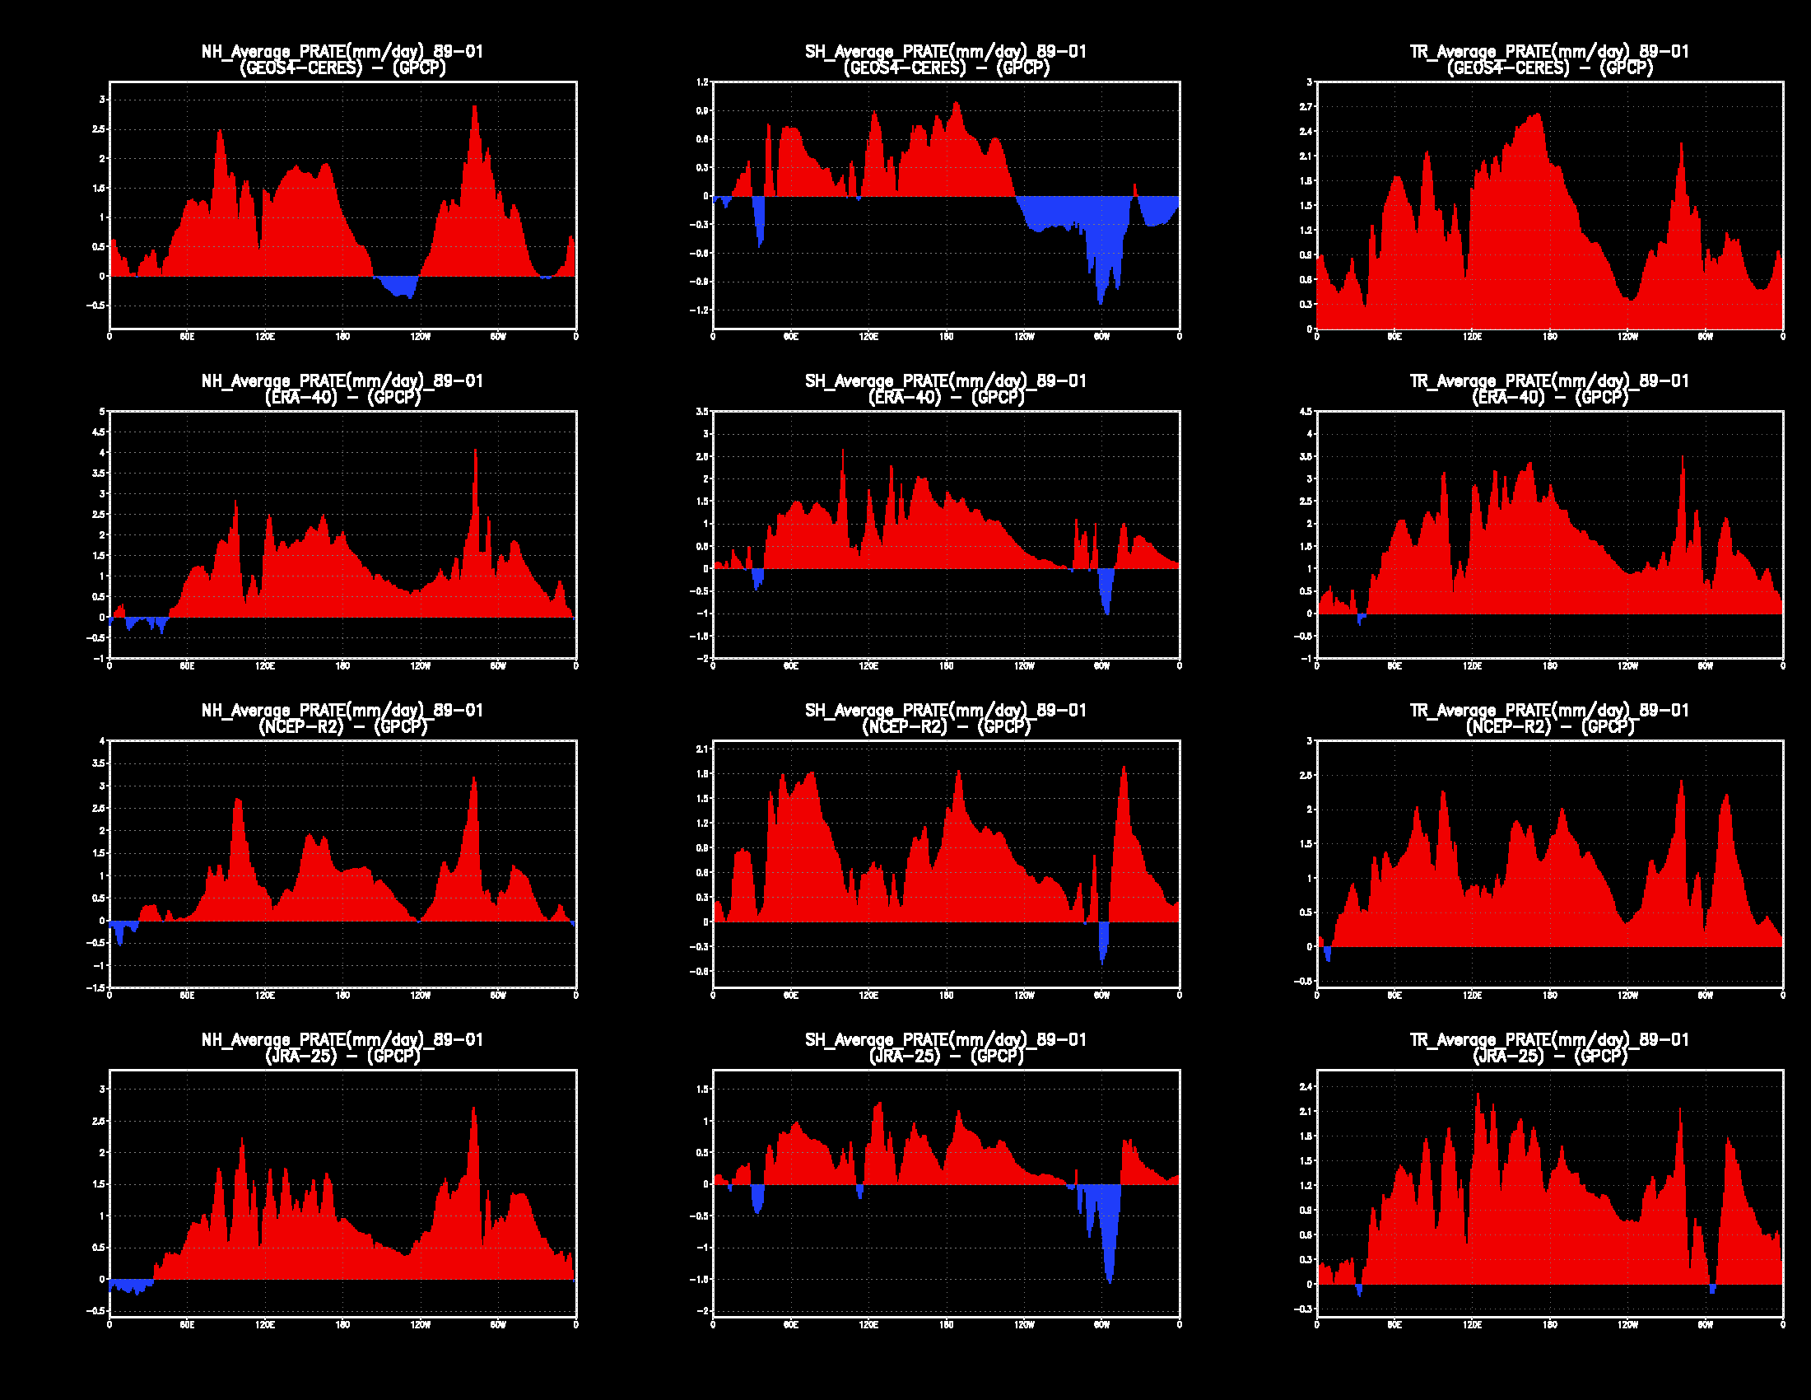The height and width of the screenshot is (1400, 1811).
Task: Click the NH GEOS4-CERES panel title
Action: point(342,60)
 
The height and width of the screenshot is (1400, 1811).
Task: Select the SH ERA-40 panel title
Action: point(945,389)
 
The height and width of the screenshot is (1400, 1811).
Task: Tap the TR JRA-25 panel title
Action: point(1549,1048)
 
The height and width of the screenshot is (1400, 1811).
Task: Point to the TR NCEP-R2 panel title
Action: point(1549,718)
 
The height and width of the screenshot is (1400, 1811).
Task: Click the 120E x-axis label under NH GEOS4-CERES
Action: point(264,337)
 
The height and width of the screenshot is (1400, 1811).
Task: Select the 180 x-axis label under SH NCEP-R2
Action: point(946,996)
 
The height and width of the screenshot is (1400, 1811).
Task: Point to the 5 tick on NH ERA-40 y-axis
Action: point(101,412)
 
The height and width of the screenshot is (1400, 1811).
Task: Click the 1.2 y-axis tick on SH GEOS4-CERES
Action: point(702,82)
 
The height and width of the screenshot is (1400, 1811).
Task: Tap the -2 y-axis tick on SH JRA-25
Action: point(702,1310)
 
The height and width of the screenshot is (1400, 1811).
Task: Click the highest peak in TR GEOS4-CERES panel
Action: point(1539,115)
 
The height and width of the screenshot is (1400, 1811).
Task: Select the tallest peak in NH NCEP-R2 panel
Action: point(473,779)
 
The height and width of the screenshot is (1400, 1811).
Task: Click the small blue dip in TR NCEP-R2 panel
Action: point(1328,955)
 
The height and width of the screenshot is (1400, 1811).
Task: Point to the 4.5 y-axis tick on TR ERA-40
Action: point(1306,412)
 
